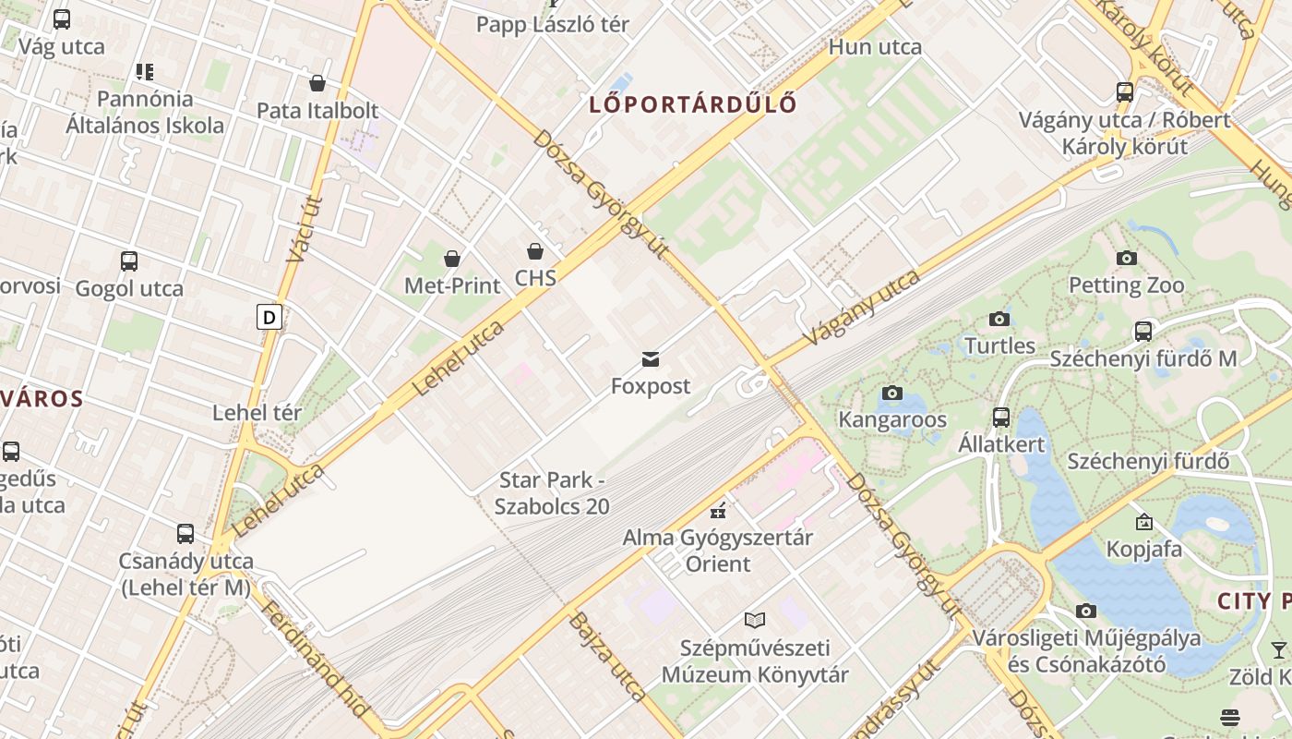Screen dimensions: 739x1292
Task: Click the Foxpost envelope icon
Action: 651,358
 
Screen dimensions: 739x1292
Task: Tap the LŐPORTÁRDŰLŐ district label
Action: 693,103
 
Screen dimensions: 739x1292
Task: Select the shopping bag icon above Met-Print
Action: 452,259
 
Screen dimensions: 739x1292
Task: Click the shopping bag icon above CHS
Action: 535,250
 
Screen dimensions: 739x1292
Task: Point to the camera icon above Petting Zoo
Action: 1126,258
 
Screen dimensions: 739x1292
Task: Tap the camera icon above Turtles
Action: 999,320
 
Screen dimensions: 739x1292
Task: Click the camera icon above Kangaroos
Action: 891,394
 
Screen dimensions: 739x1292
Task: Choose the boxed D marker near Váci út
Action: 269,318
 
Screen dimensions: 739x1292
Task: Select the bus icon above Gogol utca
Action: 129,261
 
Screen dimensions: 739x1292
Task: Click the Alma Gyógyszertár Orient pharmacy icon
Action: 718,510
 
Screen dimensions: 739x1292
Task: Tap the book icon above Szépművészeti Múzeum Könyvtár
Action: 755,621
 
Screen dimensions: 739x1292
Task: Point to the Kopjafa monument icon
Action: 1144,522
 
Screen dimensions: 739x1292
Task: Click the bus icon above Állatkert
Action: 1001,418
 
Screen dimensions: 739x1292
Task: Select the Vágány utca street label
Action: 862,309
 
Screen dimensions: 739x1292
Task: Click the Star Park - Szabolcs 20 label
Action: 552,493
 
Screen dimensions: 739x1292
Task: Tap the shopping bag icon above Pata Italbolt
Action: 317,84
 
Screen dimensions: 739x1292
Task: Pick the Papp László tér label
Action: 552,24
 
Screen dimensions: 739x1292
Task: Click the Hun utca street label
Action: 875,46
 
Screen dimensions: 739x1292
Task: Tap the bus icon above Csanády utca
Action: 185,534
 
